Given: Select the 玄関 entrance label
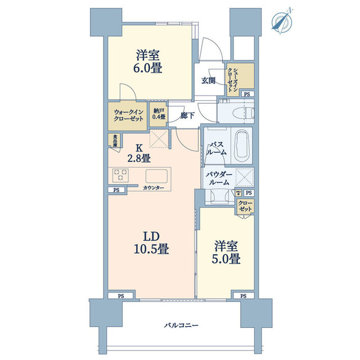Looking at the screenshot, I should (x=209, y=80).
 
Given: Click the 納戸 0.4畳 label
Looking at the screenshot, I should (x=159, y=114).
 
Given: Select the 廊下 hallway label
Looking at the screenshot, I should (x=188, y=116).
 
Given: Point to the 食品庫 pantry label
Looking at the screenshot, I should (x=114, y=139).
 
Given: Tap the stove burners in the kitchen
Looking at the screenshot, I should (x=120, y=175).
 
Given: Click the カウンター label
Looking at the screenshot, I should (x=154, y=188).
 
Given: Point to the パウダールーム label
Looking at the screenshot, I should (x=218, y=179).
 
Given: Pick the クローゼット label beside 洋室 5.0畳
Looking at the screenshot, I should (x=245, y=206).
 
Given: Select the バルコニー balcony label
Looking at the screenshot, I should (x=182, y=326).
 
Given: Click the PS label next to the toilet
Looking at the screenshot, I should (x=247, y=94).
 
